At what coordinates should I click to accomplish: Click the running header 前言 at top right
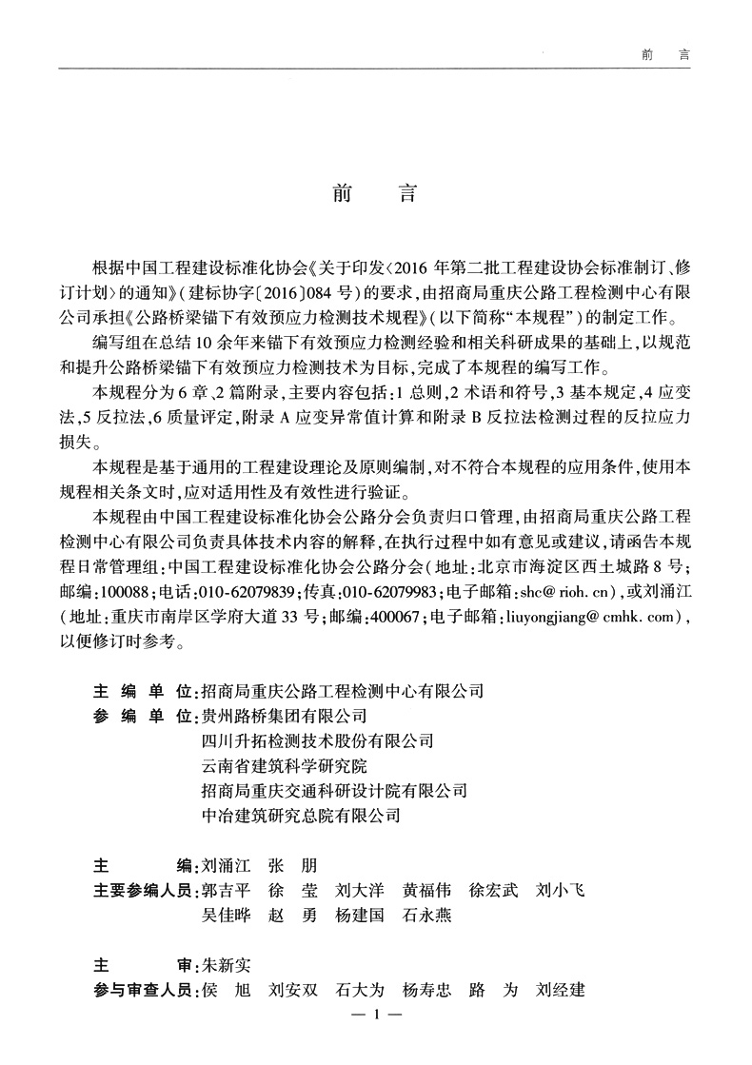663,55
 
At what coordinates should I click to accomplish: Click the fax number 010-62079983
386,593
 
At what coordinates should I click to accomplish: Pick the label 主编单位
139,691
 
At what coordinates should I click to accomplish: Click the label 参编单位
139,716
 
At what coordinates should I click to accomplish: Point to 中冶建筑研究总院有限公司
301,816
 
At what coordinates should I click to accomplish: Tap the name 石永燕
426,916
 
